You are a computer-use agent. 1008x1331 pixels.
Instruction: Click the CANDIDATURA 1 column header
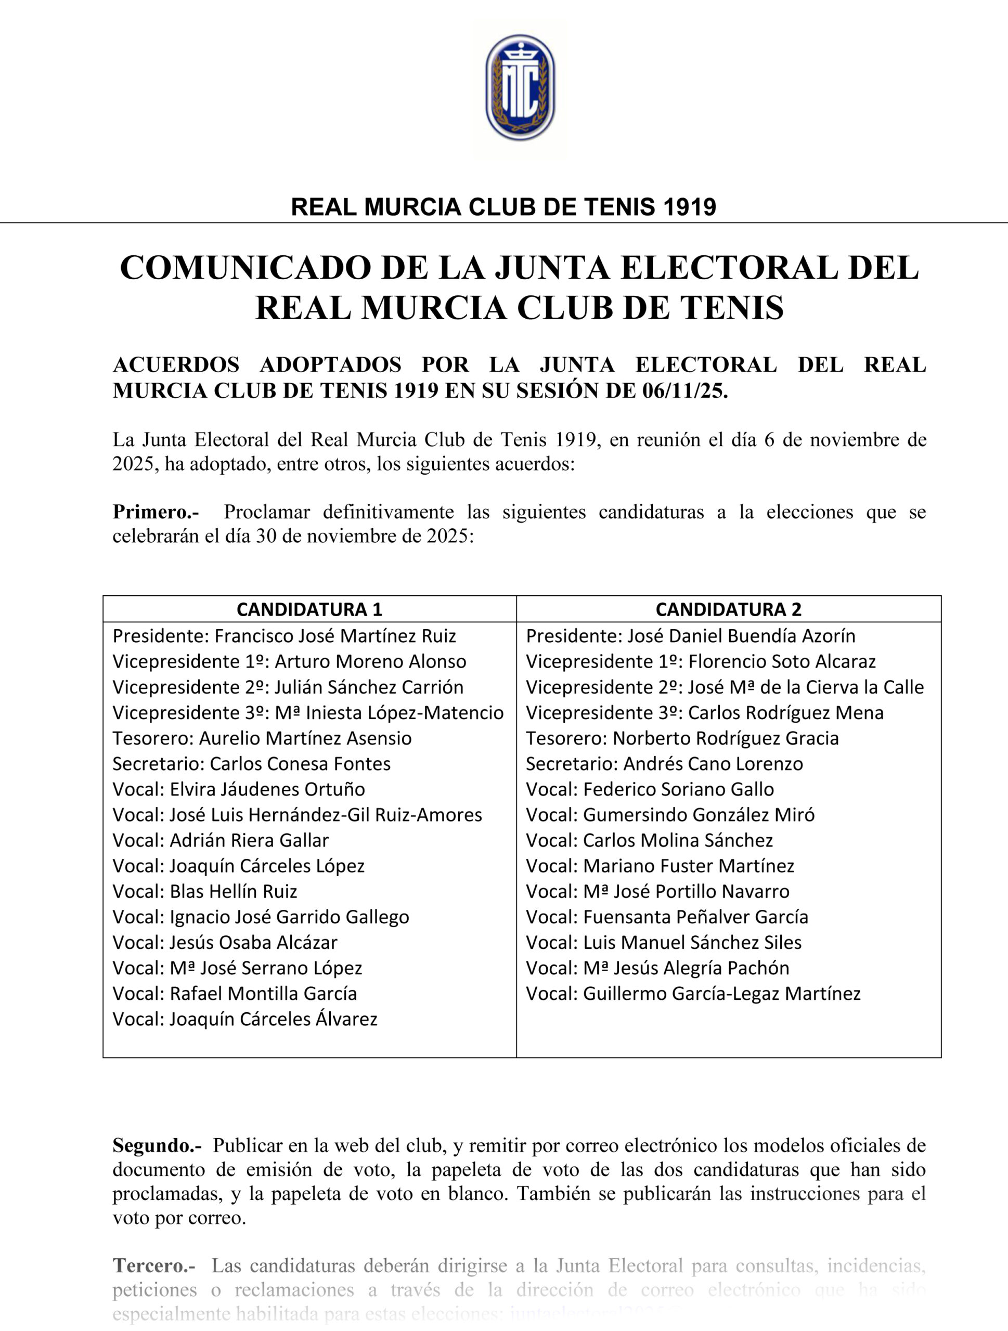point(309,609)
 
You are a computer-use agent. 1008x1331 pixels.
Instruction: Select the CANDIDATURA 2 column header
point(728,609)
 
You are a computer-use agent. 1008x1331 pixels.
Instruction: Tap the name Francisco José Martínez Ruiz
point(335,636)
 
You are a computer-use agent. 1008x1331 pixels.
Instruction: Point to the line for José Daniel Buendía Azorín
point(690,636)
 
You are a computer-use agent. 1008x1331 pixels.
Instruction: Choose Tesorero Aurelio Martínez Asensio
point(262,738)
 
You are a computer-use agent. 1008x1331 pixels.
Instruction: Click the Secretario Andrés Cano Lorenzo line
point(664,764)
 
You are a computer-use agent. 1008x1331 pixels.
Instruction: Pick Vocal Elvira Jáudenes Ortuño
point(238,789)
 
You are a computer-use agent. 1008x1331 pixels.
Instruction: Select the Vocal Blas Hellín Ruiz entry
point(204,891)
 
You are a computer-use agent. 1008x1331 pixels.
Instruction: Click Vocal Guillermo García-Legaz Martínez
point(693,994)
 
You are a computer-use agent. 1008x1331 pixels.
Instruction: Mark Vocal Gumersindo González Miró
point(670,815)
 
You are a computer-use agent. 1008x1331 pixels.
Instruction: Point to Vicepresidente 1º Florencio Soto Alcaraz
point(701,662)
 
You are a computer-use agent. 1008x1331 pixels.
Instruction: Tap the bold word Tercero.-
point(154,1266)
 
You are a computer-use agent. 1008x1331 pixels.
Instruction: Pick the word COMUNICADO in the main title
point(244,268)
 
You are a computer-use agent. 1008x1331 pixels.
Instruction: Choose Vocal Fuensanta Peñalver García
point(667,917)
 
